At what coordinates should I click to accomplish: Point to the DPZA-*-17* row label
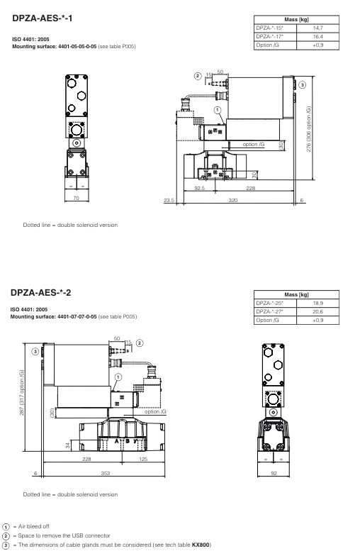pos(271,35)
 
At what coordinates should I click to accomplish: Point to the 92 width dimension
pos(274,472)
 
